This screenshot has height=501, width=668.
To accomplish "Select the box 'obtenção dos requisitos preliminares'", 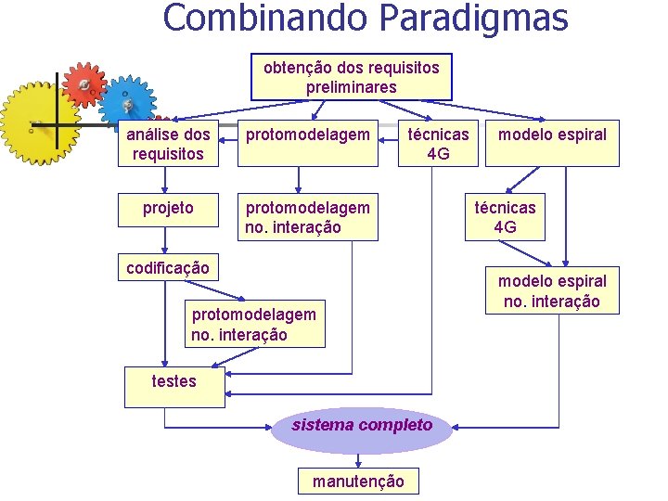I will coord(351,77).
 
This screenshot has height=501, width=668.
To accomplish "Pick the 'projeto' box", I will coord(168,208).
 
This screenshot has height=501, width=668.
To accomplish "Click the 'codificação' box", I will coord(168,268).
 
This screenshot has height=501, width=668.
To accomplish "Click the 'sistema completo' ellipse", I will coord(362,426).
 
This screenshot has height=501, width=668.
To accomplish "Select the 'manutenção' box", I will coord(358,481).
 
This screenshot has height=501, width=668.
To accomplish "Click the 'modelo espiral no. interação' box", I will coord(552,291).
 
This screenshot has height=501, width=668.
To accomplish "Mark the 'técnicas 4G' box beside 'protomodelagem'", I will coord(438,143).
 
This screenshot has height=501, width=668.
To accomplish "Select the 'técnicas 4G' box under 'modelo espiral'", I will coord(505,217).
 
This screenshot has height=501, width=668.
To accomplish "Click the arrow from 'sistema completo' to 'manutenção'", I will coord(361,460).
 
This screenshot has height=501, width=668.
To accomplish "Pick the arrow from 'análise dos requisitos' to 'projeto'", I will coord(166,181).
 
